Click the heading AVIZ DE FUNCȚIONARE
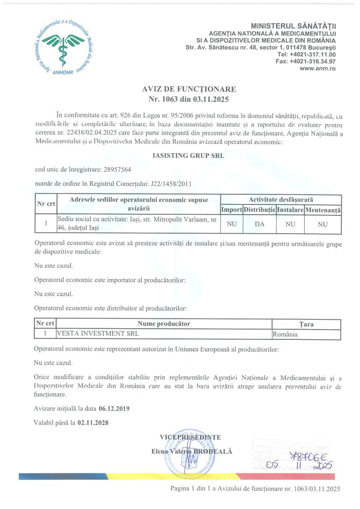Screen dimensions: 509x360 [189, 89]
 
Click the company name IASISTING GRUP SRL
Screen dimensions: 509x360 [188, 156]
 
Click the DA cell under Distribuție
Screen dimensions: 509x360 [259, 224]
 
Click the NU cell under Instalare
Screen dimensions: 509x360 [290, 224]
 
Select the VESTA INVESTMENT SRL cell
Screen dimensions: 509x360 [98, 334]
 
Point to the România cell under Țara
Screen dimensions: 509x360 [285, 334]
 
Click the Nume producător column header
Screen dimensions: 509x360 [164, 324]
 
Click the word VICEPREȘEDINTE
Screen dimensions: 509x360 [190, 437]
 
